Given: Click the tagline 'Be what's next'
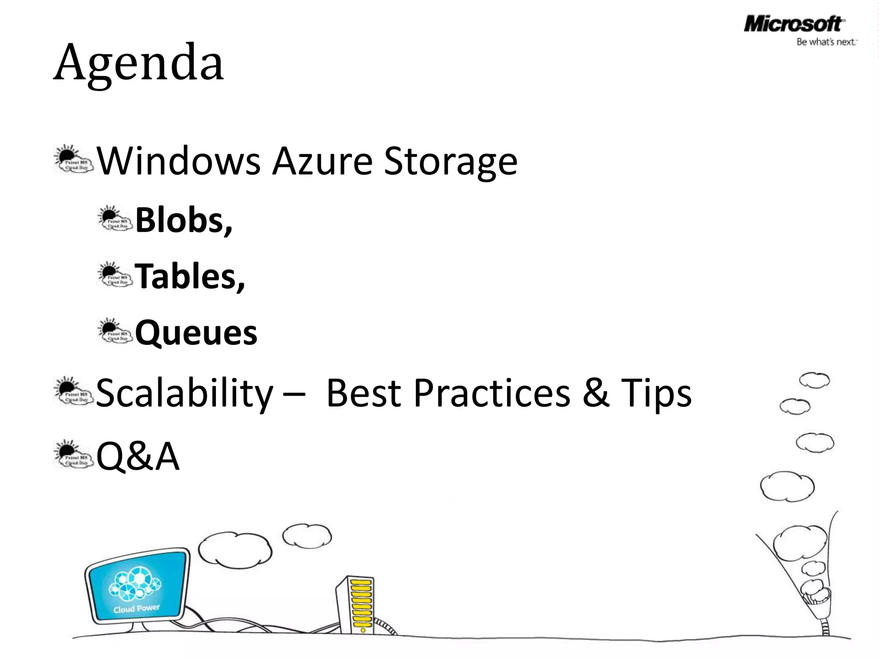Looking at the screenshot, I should pos(826,42).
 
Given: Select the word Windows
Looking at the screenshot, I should pos(178,161).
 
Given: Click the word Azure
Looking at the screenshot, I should pos(323,161).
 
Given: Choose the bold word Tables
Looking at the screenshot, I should pos(189,276).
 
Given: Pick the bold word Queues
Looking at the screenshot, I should pos(196,333).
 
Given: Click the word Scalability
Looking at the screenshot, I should pos(185,393).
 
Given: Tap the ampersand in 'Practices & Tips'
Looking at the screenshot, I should pos(596,393).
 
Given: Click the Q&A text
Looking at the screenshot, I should pos(137,456).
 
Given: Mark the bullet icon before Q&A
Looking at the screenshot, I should pos(73,455).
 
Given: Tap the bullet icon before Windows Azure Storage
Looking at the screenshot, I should pos(73,160).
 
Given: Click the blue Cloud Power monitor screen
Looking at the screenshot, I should pos(137,586).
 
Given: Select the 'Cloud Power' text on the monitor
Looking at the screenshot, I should pos(136,608).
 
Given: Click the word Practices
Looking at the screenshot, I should pos(491,393).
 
